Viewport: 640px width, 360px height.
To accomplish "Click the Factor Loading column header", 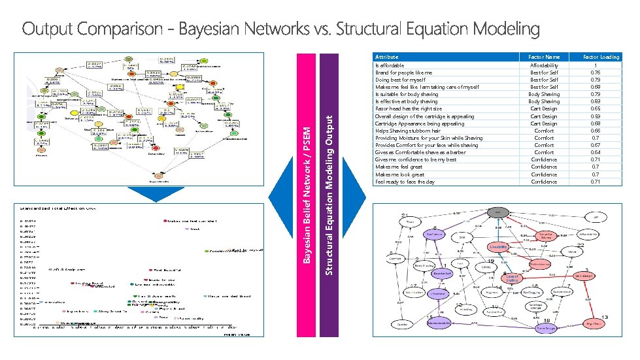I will (x=601, y=57).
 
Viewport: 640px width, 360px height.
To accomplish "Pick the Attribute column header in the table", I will (x=387, y=57).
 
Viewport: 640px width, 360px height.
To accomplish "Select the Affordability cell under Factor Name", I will (x=544, y=65).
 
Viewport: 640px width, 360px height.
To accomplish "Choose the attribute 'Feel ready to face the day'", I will (x=405, y=182).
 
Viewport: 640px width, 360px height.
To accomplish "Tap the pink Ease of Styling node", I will (x=513, y=278).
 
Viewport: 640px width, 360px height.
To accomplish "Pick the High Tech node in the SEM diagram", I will (x=594, y=323).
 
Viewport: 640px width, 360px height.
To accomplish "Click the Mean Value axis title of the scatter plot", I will (x=228, y=334).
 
